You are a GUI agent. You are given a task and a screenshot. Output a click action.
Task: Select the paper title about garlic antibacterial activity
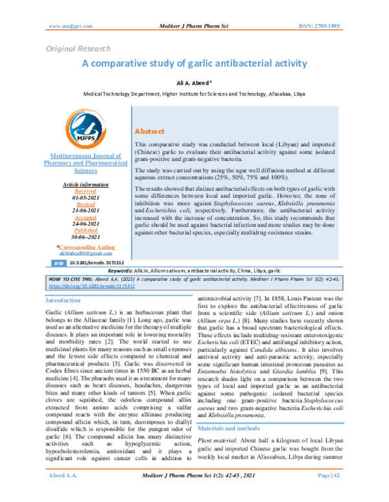coord(194,64)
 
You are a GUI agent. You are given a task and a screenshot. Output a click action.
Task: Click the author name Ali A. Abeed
coord(194,83)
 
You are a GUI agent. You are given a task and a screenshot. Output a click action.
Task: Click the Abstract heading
coord(148,131)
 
